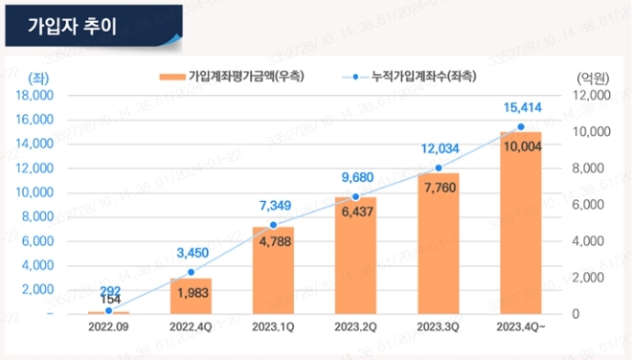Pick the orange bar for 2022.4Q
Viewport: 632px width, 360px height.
click(x=191, y=296)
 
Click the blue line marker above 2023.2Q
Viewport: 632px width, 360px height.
click(x=355, y=197)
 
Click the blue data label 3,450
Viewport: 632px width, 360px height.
click(x=191, y=252)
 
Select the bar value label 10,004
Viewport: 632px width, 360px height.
click(x=520, y=146)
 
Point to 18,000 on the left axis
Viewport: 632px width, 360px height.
click(x=36, y=96)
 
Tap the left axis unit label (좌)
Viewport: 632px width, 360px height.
click(x=38, y=77)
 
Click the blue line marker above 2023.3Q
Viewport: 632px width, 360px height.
click(x=438, y=169)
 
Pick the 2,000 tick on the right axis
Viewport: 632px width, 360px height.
click(x=591, y=278)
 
